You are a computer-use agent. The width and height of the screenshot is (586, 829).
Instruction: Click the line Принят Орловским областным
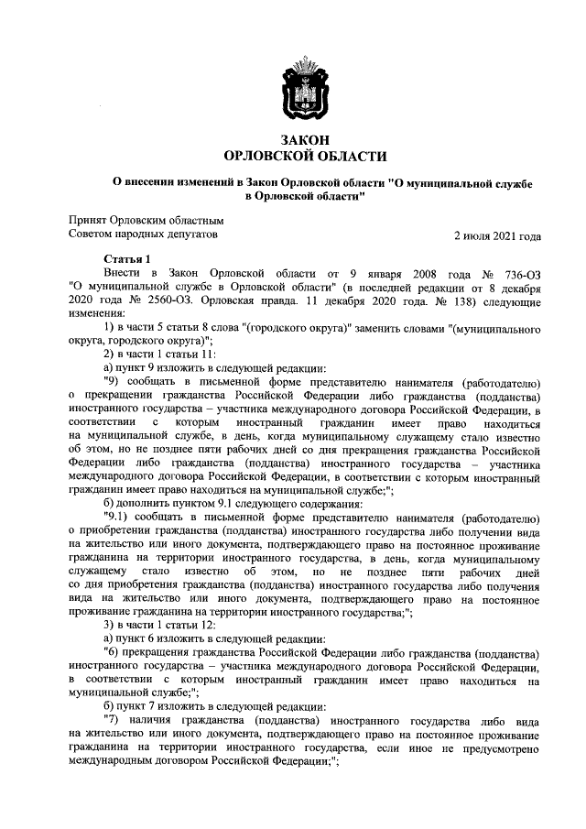click(x=146, y=221)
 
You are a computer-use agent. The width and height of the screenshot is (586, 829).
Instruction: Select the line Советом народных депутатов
click(x=145, y=235)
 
